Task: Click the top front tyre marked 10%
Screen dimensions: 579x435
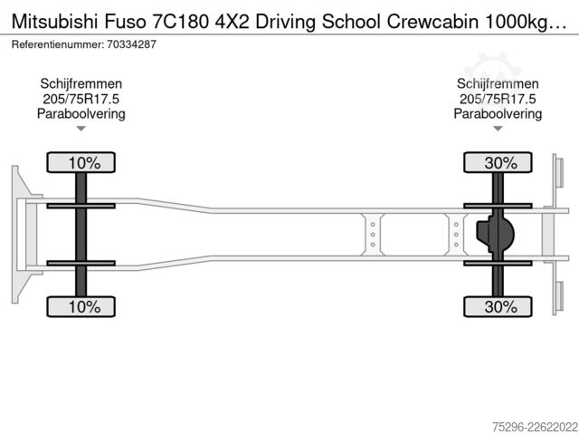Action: coord(81,162)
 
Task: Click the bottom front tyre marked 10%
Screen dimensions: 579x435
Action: coord(81,306)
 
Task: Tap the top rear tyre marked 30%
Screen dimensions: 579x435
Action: coord(498,162)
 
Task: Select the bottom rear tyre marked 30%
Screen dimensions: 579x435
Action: coord(498,306)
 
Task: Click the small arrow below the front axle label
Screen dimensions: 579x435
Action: coord(81,129)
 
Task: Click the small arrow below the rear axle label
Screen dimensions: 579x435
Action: coord(498,129)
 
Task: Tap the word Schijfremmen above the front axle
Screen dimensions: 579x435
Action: coord(81,84)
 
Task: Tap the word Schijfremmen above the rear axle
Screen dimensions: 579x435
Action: coord(498,84)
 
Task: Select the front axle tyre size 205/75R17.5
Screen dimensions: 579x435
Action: coord(81,99)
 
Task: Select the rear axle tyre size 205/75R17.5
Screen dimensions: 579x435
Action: coord(498,99)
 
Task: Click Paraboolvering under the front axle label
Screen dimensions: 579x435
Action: coord(81,114)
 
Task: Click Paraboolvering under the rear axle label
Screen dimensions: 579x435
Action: coord(498,114)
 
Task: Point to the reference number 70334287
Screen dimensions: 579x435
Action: coord(131,44)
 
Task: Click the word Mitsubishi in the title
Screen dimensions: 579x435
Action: coord(55,22)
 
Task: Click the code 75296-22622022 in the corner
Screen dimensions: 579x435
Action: coord(535,427)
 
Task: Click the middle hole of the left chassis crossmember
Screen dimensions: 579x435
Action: coord(373,235)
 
